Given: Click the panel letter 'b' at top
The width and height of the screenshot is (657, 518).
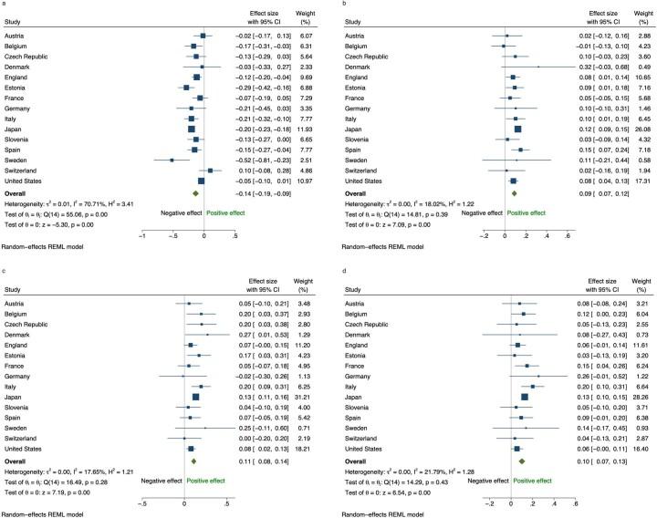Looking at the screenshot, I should [x=334, y=5].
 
